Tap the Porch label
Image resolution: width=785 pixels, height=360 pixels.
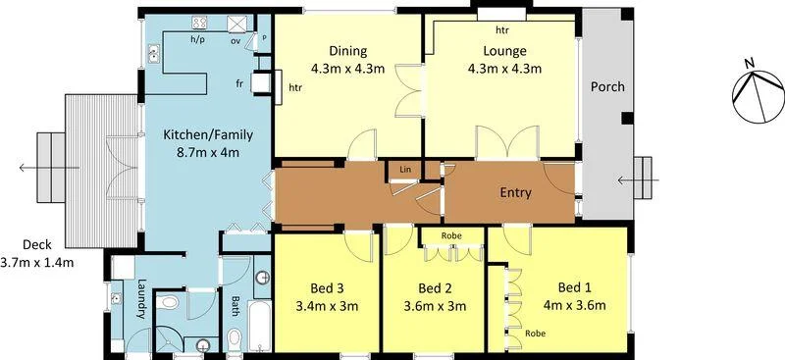coord(606,86)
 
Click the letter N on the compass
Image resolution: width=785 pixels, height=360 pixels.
coord(750,65)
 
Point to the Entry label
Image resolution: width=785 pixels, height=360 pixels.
coord(515,192)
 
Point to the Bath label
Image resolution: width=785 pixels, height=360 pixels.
coord(235,305)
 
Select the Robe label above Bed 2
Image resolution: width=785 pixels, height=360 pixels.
coord(451,235)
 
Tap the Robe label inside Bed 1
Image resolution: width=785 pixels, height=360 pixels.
coord(535,333)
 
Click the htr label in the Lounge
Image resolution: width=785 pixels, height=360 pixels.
coord(502,30)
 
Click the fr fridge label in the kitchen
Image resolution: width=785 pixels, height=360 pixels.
coord(239,84)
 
